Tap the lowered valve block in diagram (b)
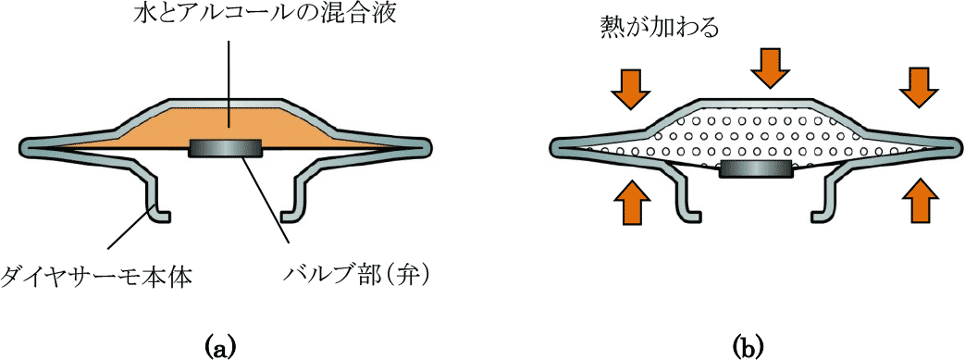pos(757,168)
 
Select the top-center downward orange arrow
pos(772,66)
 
